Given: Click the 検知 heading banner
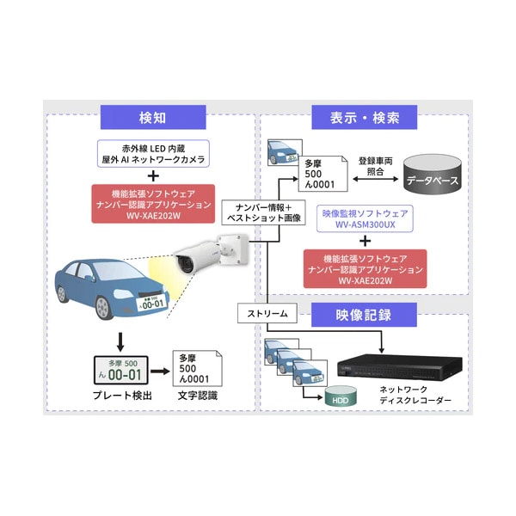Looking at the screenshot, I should click(151, 117).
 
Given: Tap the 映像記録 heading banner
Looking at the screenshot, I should click(364, 314).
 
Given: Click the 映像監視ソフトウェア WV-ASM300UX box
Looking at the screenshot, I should click(365, 217).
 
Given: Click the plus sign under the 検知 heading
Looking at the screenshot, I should click(151, 176).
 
